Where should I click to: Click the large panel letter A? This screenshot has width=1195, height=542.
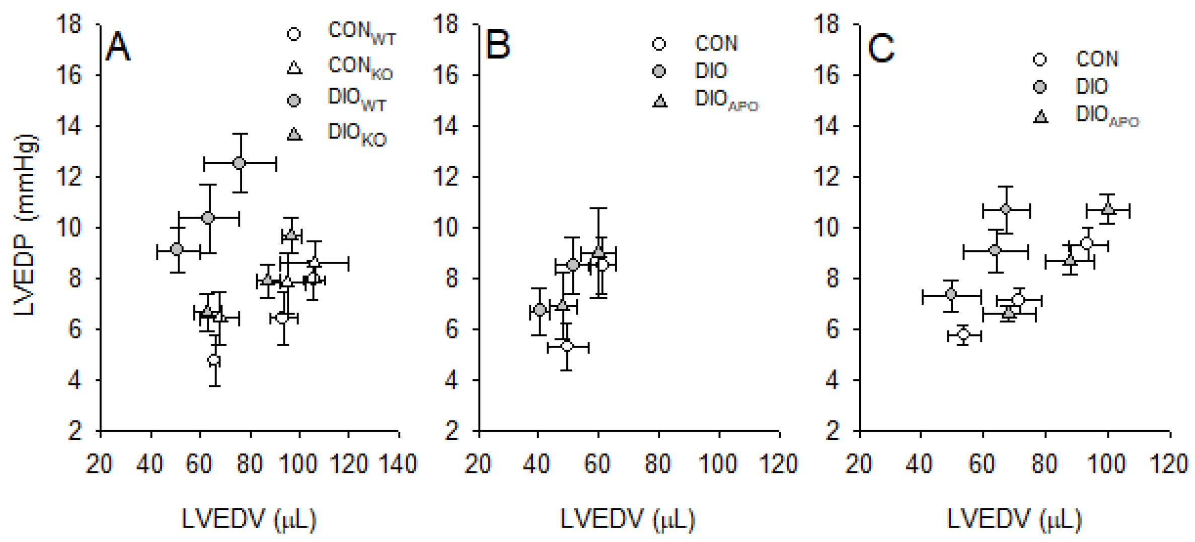click(117, 47)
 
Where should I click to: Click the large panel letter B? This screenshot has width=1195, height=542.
click(497, 45)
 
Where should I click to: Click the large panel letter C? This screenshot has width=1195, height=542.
click(880, 48)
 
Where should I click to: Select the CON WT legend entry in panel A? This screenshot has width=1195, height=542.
click(361, 33)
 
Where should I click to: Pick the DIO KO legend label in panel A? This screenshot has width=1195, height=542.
click(356, 134)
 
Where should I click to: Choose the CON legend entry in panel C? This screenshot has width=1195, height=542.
click(1096, 59)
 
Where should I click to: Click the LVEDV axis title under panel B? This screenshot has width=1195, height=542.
click(627, 520)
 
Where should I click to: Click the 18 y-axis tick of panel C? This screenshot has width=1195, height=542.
click(826, 24)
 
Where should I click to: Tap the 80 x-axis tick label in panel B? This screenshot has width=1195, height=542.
click(658, 464)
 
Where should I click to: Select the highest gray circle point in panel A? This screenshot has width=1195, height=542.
click(240, 163)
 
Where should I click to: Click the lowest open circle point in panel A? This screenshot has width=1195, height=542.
click(214, 360)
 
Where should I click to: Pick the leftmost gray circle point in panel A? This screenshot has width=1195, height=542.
click(177, 249)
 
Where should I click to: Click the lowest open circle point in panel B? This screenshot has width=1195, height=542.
click(567, 346)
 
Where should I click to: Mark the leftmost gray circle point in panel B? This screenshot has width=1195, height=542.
click(539, 309)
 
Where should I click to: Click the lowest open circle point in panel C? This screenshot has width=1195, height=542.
click(963, 334)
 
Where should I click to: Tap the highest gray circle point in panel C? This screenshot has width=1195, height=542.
click(1006, 209)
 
